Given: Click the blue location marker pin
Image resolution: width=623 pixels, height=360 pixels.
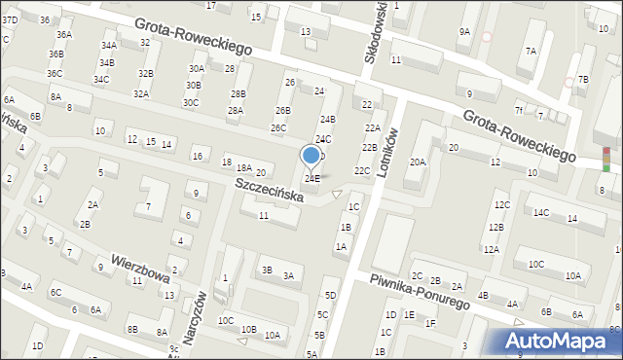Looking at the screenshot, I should coord(311,156).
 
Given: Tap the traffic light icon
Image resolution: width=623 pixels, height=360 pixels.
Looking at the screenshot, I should coord(606,159).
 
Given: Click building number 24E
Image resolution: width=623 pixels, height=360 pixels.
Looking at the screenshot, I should coord(311,179).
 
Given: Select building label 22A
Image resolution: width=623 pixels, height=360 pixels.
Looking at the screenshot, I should coord(372,127).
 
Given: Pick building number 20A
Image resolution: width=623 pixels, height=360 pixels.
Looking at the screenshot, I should coord(418,162).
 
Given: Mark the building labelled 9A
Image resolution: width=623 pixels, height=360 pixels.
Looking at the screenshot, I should coord(464,32).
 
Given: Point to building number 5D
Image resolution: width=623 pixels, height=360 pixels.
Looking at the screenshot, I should coord(331,295).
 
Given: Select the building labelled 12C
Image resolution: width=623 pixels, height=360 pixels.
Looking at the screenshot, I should coord(501,205).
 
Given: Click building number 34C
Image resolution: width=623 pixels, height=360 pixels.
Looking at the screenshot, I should coord(101,79).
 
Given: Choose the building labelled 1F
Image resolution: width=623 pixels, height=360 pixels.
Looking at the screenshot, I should coord(430,323).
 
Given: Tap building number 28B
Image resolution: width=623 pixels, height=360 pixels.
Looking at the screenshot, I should coord(238,93).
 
